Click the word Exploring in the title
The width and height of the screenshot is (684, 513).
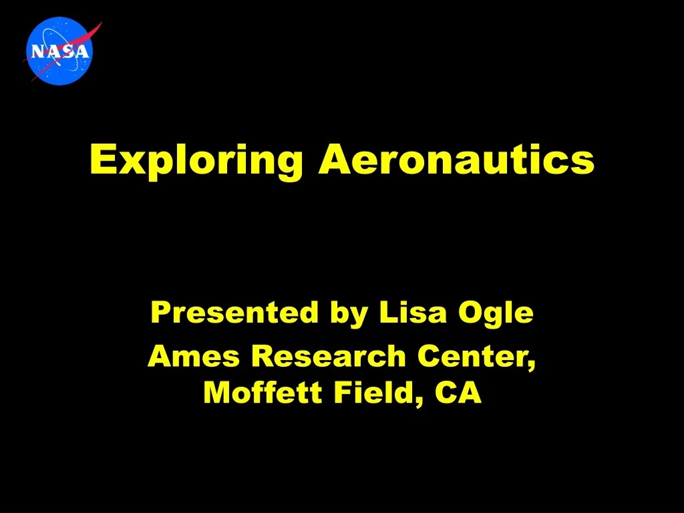pos(196,161)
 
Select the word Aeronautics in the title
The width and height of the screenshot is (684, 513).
pos(456,159)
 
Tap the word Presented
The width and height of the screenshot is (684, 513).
pos(234,313)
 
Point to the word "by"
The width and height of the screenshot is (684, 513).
pos(349,314)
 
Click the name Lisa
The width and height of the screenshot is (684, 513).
pos(413,313)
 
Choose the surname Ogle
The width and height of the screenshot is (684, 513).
pos(496,314)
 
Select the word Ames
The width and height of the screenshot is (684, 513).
pos(193,356)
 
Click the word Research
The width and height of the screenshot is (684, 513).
pos(329,356)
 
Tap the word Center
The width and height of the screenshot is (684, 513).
pos(472,356)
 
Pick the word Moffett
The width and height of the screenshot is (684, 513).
pos(263,392)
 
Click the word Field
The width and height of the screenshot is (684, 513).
pos(373,392)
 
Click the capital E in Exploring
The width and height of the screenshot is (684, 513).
pos(104,159)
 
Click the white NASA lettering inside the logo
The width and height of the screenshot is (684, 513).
pos(59,51)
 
